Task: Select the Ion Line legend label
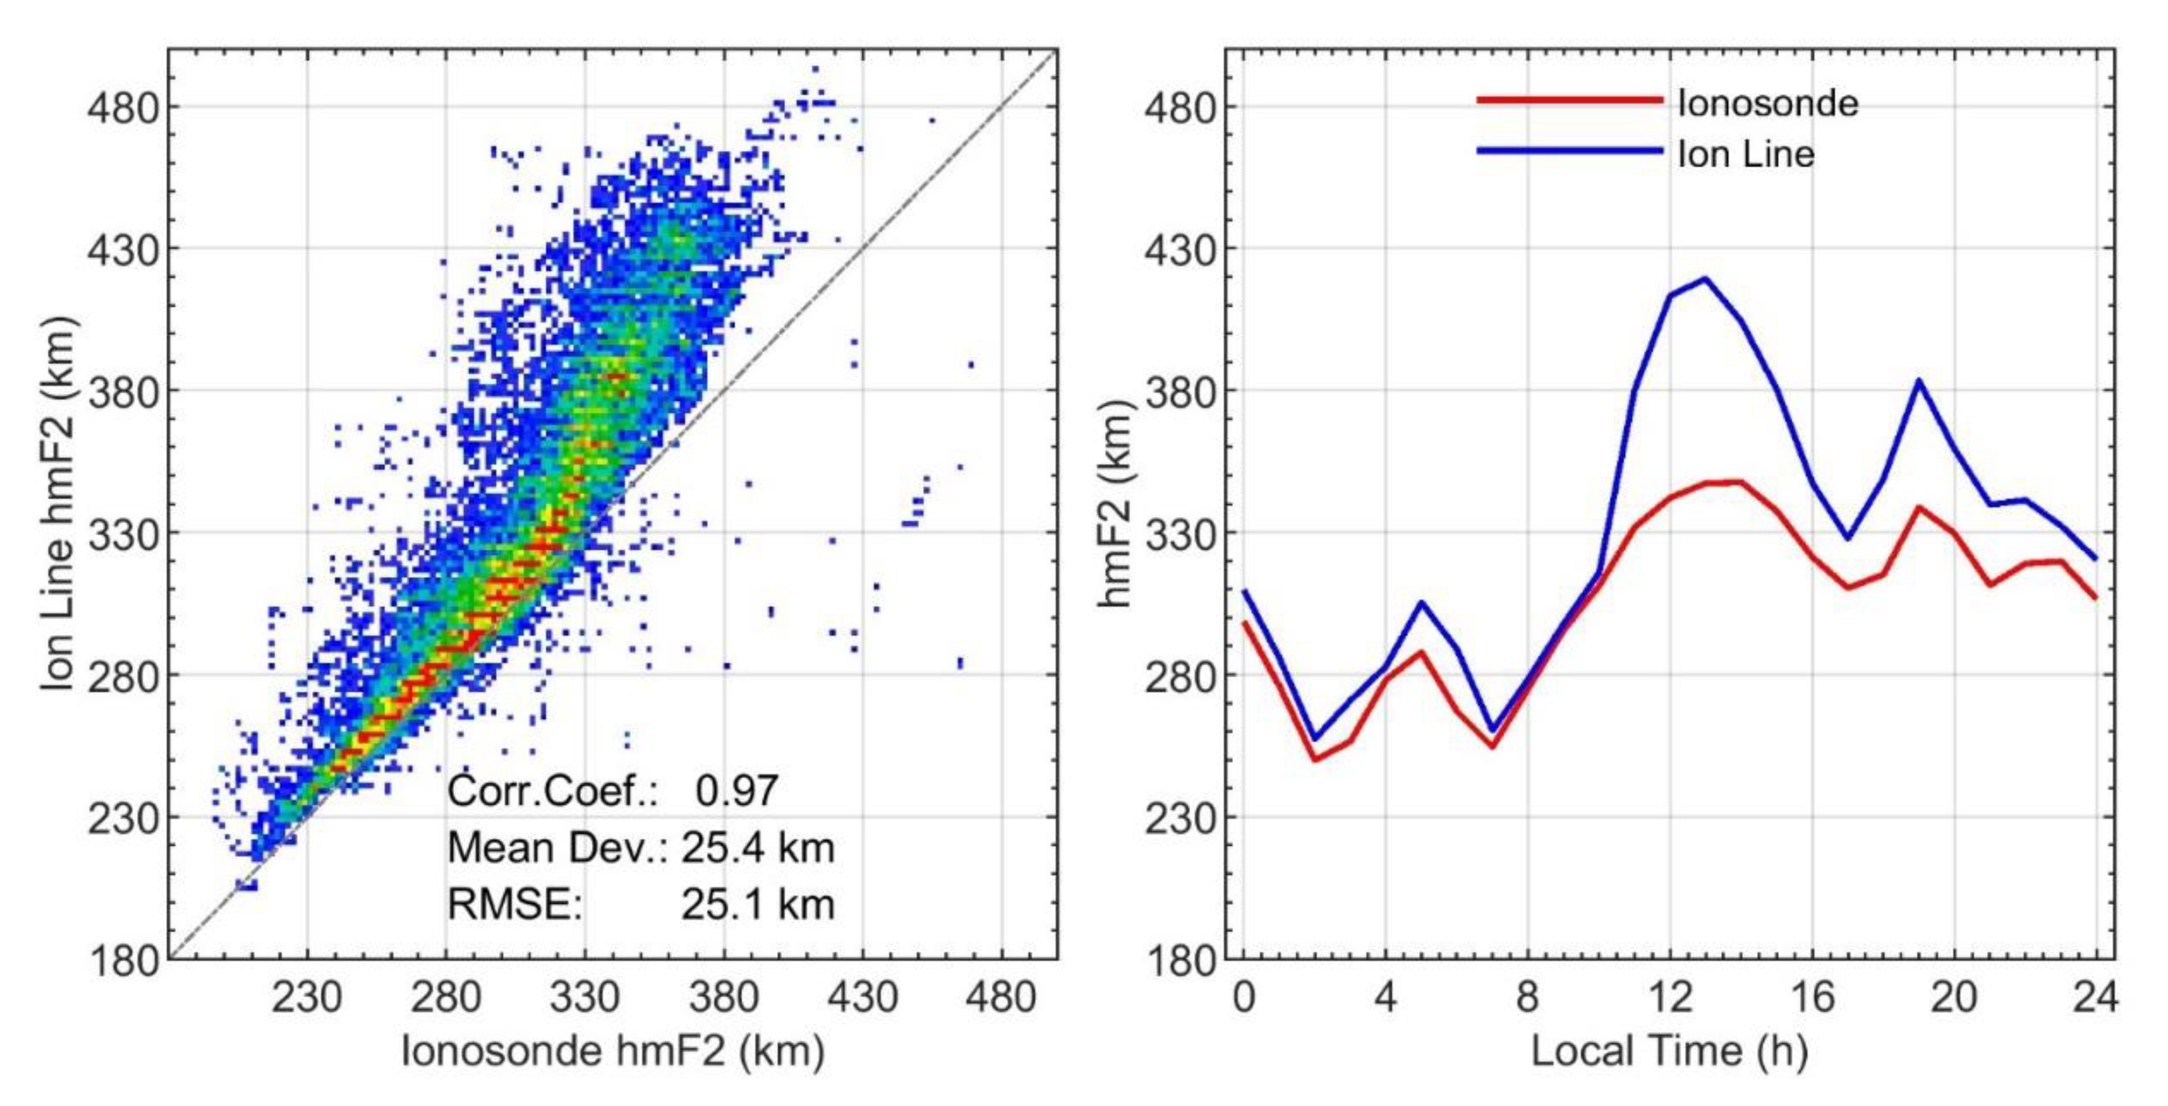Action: (x=1746, y=154)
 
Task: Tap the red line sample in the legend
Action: (x=1569, y=100)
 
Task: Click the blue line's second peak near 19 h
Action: (x=1920, y=380)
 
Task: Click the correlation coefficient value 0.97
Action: (x=736, y=791)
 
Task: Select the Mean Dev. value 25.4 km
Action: (x=757, y=848)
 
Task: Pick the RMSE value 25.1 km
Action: (x=757, y=905)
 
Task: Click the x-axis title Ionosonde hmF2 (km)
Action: (x=612, y=1050)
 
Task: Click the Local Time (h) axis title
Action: (x=1669, y=1050)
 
